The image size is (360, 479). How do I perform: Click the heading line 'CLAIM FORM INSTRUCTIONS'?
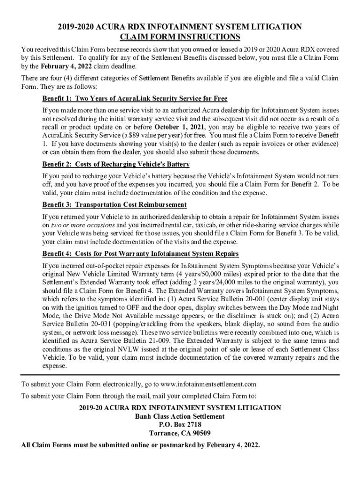click(x=180, y=37)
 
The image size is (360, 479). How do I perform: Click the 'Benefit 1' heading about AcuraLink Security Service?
click(x=135, y=99)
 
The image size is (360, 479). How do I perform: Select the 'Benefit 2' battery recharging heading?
click(x=116, y=165)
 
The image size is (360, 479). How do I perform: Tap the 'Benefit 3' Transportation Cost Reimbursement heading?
click(x=115, y=205)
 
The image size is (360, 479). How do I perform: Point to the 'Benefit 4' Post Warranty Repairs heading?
click(x=140, y=254)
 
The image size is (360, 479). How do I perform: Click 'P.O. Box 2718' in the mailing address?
click(x=180, y=425)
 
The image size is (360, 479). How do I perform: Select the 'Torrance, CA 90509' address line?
click(x=180, y=433)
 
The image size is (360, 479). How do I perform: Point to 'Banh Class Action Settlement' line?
click(x=180, y=416)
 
